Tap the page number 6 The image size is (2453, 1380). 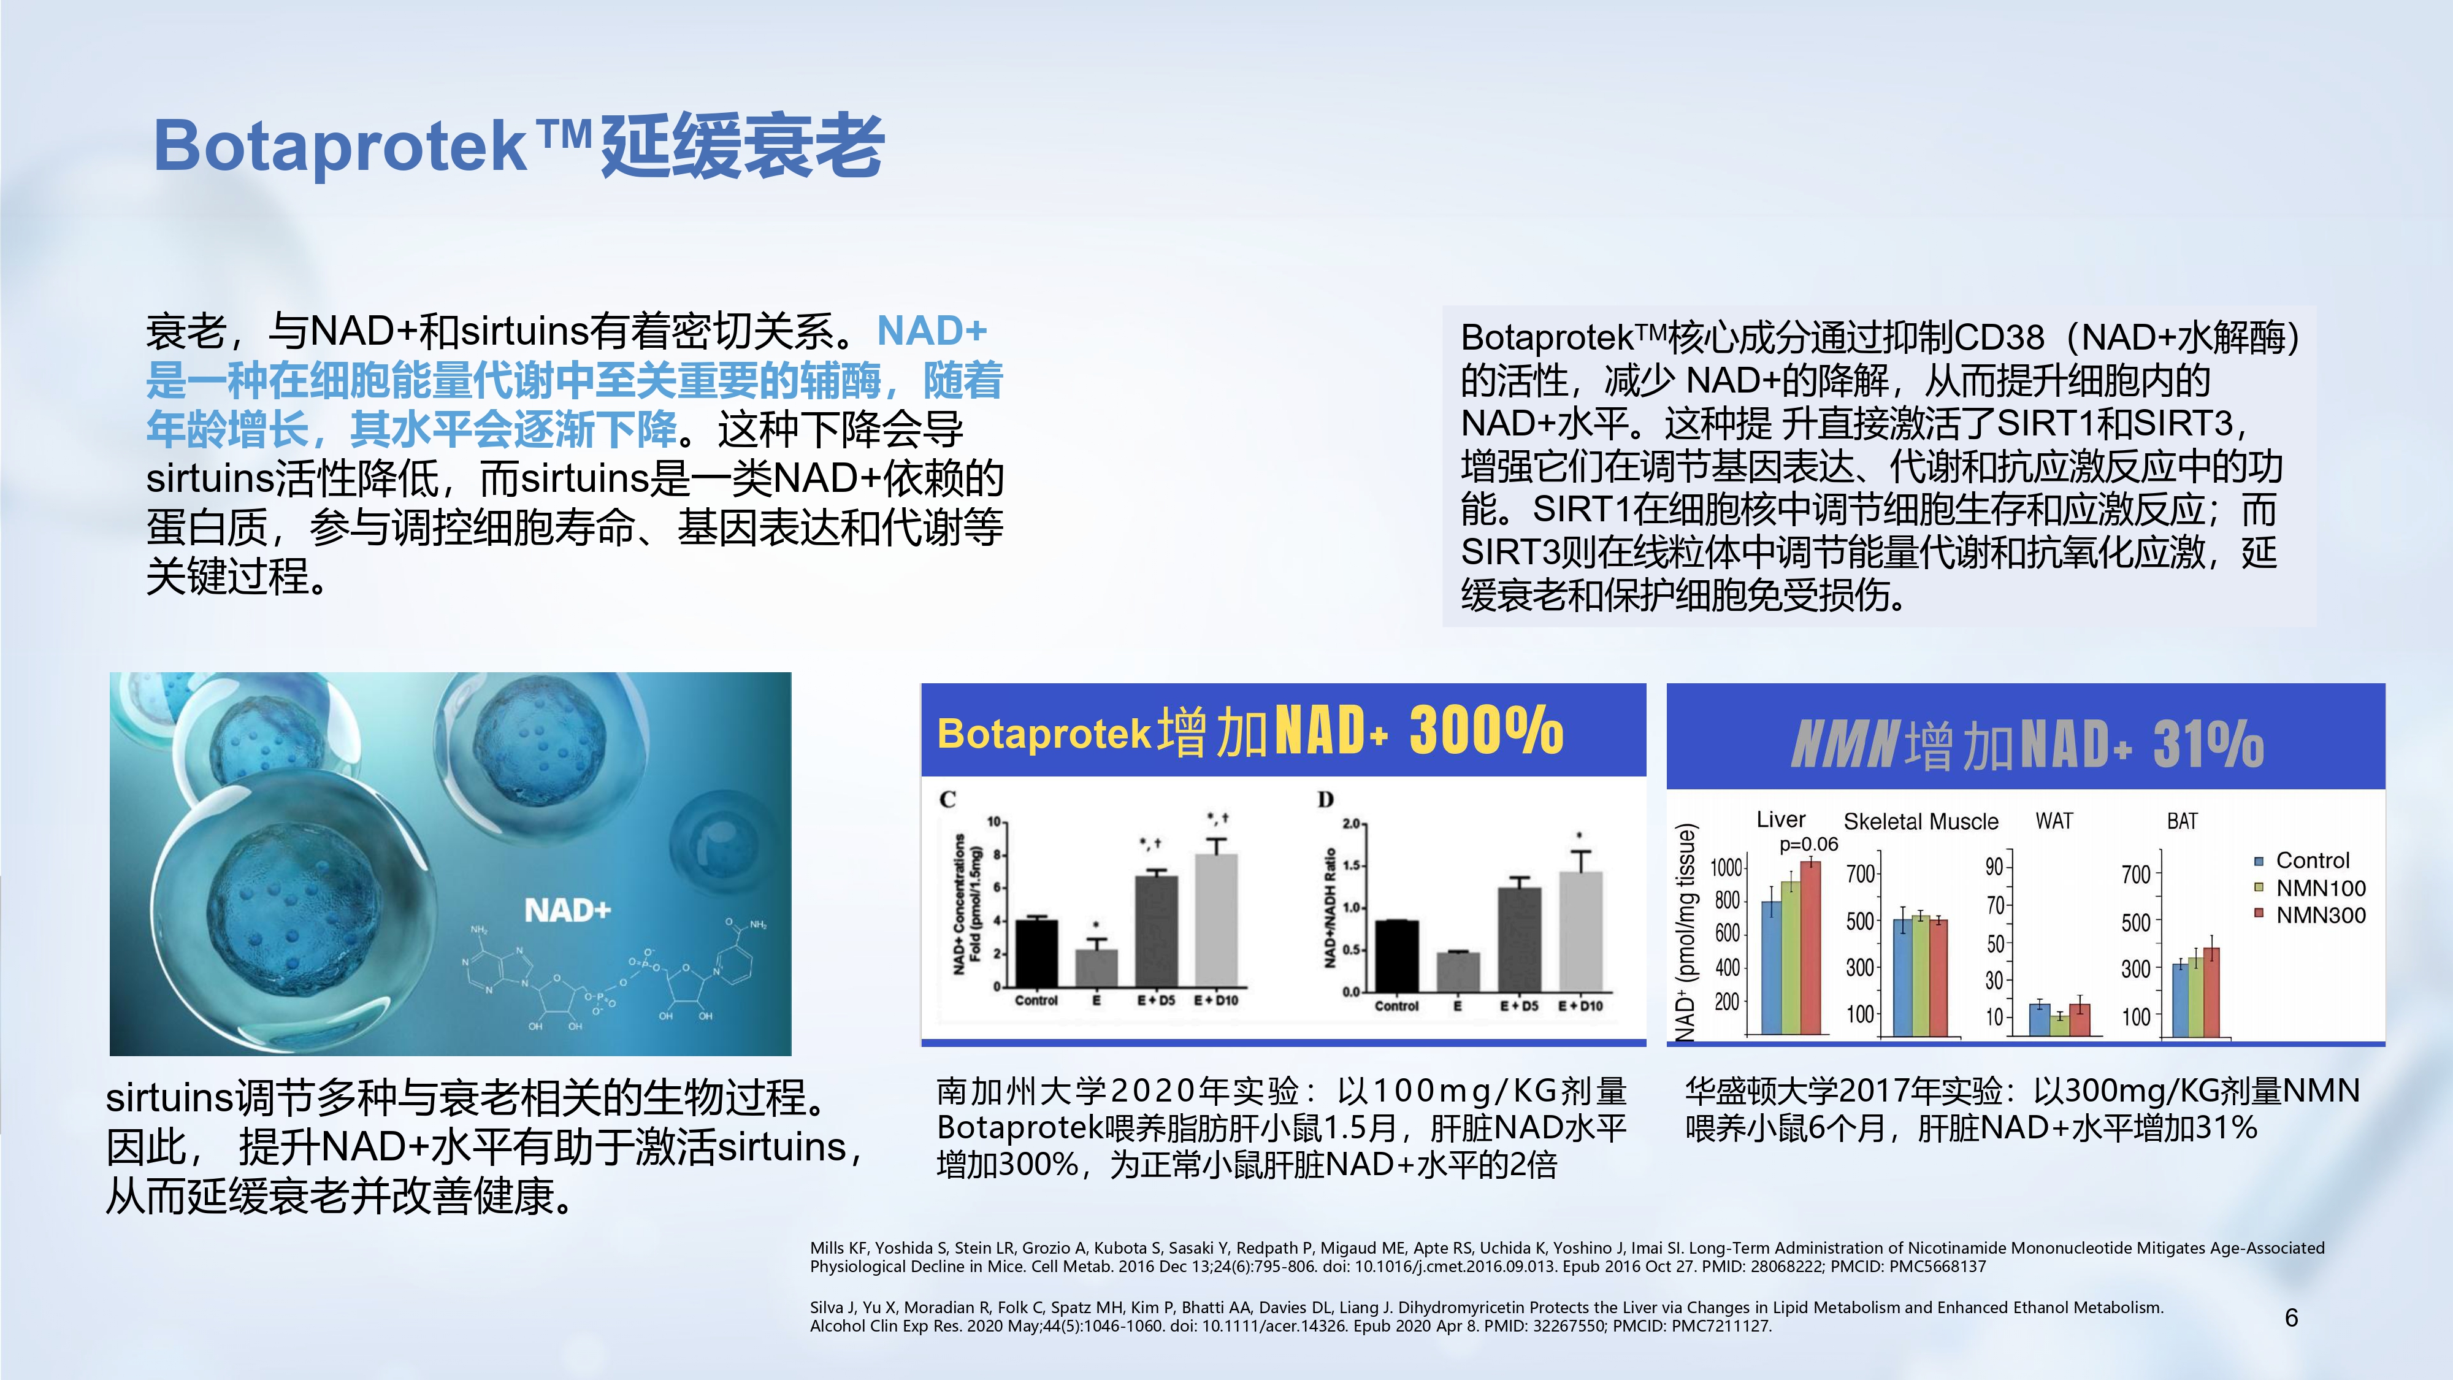[2291, 1318]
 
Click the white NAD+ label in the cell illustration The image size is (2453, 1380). [567, 910]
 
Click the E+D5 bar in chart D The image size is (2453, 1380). [1519, 939]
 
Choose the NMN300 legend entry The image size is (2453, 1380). [2310, 915]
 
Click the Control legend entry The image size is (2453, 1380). [2303, 861]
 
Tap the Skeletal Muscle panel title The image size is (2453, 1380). [1921, 822]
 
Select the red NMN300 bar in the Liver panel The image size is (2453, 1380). [1810, 948]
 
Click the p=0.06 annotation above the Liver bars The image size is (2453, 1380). [1808, 845]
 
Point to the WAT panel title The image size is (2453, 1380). [2054, 821]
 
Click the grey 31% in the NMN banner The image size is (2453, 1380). [2208, 744]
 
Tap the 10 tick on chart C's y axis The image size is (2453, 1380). [993, 822]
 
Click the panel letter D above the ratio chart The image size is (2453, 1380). [1325, 800]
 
